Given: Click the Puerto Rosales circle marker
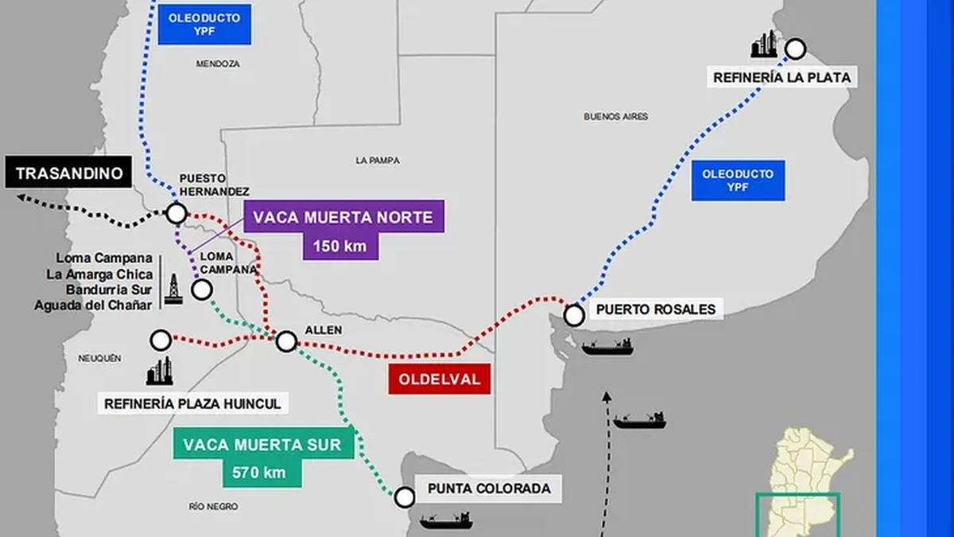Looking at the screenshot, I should tap(574, 316).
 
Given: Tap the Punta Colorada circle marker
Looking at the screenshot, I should tap(405, 497).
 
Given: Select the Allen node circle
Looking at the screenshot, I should tap(286, 341).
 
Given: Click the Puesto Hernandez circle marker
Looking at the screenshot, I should tap(176, 213).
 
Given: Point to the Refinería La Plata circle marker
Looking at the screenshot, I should tap(795, 49).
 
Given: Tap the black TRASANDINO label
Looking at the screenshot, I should tap(69, 173).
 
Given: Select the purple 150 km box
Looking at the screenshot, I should tap(339, 246).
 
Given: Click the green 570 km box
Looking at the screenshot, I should tap(259, 473).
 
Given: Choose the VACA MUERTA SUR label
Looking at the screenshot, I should tap(262, 445).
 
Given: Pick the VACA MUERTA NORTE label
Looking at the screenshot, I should tap(343, 216).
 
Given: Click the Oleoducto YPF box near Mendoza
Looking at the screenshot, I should tap(204, 25).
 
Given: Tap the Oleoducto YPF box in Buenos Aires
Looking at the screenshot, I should tap(738, 181).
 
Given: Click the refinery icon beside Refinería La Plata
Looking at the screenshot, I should tap(765, 45).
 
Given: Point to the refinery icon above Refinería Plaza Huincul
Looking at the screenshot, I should tap(159, 372).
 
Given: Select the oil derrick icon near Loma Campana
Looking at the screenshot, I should tap(173, 288).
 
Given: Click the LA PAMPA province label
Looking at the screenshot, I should tap(378, 161).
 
